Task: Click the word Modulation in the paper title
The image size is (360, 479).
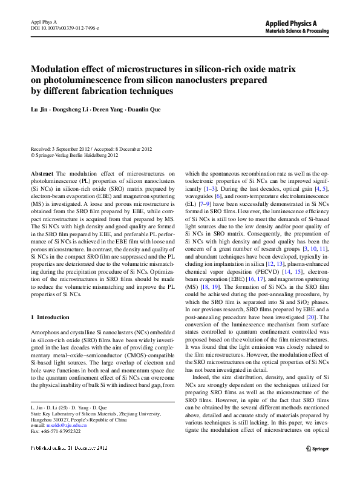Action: (57, 68)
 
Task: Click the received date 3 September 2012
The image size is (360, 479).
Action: (74, 149)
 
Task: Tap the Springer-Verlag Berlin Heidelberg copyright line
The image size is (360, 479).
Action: (76, 155)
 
